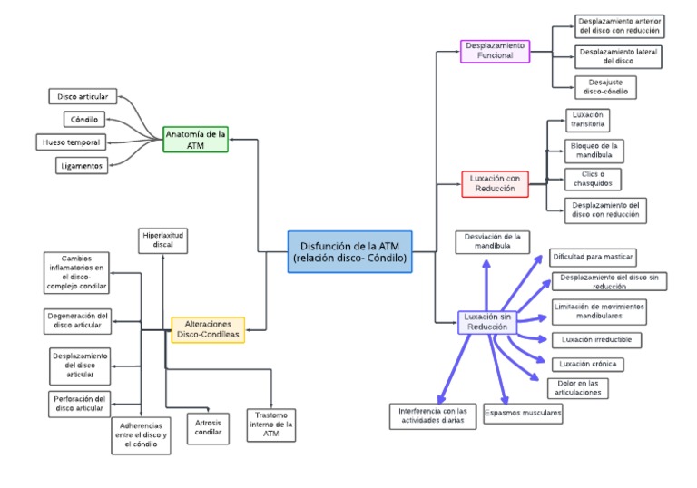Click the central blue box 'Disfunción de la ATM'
click(x=350, y=251)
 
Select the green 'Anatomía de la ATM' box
click(x=195, y=139)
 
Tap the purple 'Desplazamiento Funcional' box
click(x=495, y=51)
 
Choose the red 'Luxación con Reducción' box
click(x=495, y=184)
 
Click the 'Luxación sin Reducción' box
click(x=488, y=322)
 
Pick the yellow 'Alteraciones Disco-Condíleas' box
click(x=208, y=329)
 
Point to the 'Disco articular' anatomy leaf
click(x=82, y=96)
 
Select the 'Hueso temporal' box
click(x=72, y=142)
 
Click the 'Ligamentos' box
click(x=80, y=165)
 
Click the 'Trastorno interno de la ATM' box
click(x=270, y=425)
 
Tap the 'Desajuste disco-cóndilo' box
click(x=605, y=87)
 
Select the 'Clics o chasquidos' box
click(x=592, y=179)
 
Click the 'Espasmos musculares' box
click(x=523, y=414)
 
